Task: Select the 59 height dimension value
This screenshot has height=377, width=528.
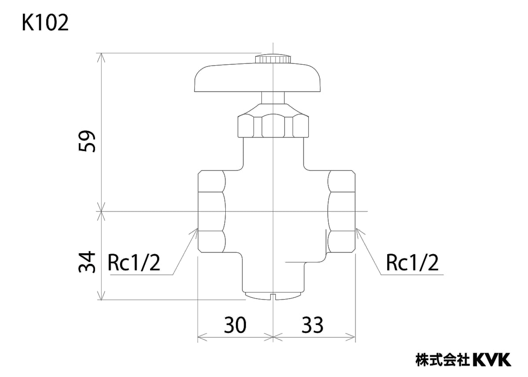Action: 87,141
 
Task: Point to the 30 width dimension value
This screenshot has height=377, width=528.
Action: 235,325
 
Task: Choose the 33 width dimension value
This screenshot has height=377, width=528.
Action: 312,325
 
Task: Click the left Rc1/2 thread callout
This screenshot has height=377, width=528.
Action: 134,263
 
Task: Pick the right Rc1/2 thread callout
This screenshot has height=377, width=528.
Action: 412,263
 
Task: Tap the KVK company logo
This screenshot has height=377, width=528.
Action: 492,359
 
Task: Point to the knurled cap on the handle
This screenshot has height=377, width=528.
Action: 274,58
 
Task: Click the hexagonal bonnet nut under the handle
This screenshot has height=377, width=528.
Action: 273,126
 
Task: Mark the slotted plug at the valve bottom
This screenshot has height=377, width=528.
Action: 273,296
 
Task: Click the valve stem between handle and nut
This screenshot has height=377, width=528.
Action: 273,98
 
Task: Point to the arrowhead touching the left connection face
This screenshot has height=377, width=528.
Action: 195,232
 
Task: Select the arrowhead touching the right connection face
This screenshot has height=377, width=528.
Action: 358,232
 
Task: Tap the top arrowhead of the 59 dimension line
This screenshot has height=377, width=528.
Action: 102,57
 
